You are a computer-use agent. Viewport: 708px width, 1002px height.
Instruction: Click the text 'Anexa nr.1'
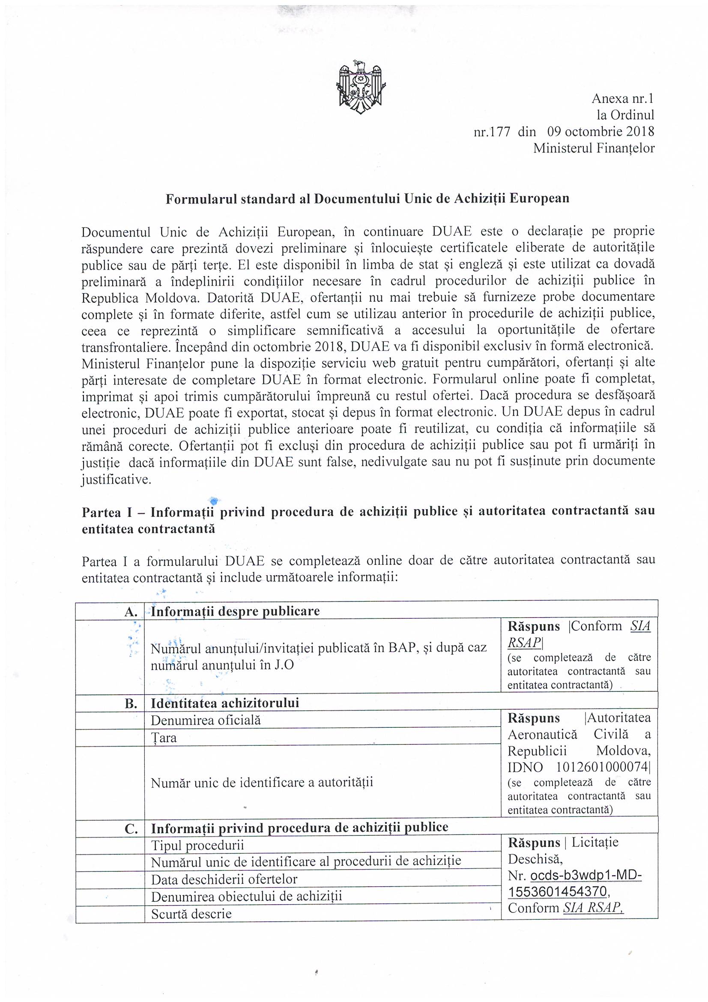[622, 98]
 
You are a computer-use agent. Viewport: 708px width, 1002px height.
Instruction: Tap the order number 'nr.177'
[492, 132]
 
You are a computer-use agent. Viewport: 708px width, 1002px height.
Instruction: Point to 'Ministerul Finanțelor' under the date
[594, 148]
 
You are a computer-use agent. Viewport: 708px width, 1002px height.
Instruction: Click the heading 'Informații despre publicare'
[235, 611]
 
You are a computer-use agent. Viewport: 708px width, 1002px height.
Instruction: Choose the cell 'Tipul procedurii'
[197, 846]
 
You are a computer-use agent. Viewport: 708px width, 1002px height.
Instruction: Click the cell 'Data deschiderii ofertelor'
[224, 879]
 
